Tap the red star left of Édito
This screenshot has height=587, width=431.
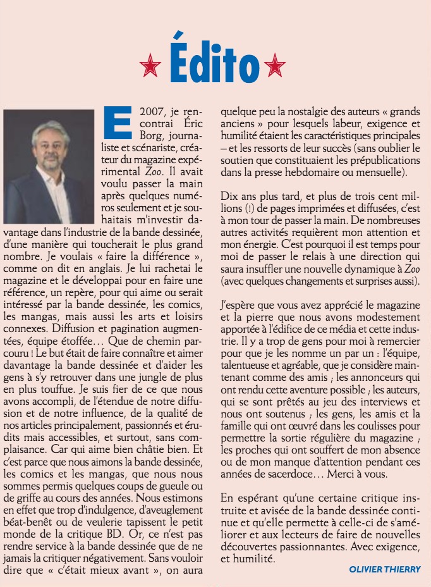pyautogui.click(x=150, y=65)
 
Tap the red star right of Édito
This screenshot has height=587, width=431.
pyautogui.click(x=275, y=65)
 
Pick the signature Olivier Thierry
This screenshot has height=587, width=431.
pyautogui.click(x=384, y=569)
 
